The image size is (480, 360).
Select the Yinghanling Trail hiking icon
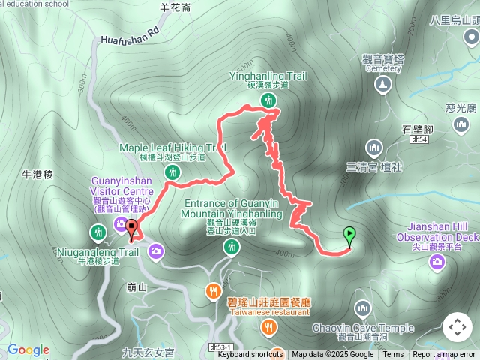click(268, 101)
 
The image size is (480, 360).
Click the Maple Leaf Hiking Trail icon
click(173, 173)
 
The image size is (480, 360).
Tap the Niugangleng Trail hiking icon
click(97, 233)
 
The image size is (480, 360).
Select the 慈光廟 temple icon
click(462, 123)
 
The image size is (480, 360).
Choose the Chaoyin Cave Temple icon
click(363, 308)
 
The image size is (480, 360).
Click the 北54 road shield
click(419, 139)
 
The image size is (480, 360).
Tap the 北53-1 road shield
click(222, 347)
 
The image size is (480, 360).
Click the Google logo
click(28, 349)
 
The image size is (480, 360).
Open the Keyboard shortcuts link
click(250, 355)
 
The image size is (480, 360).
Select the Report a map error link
click(445, 355)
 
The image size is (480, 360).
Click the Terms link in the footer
click(393, 355)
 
